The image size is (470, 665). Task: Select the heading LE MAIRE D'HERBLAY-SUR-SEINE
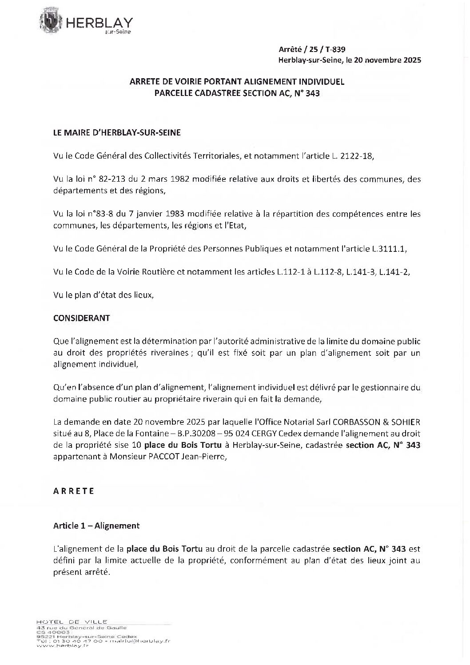point(117,132)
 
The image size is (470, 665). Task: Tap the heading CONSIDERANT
point(81,318)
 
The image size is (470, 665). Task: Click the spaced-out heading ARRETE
point(73,491)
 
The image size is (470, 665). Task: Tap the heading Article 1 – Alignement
point(96,526)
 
